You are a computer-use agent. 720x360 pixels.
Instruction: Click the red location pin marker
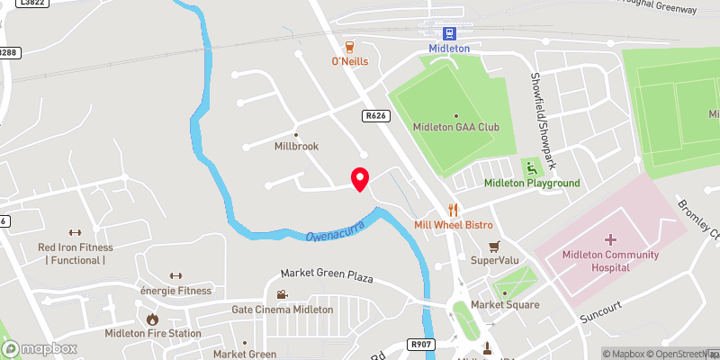[359, 178]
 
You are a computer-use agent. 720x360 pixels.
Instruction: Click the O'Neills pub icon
[347, 46]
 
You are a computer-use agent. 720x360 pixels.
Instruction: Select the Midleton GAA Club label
[455, 127]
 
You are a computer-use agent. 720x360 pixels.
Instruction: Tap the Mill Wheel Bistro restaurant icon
[453, 208]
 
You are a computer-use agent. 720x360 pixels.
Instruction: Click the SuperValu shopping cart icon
[493, 246]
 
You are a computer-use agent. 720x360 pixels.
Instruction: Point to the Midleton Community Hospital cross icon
[610, 239]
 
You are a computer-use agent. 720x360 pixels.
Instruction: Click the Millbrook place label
[296, 146]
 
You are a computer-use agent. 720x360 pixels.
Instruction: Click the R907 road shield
[419, 343]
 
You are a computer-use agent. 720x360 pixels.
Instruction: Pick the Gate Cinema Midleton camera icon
[282, 294]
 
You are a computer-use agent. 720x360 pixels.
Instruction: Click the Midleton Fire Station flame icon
[152, 319]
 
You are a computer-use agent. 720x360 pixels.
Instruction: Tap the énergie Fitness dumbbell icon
[175, 275]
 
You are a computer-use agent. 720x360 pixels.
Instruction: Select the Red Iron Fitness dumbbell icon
[75, 232]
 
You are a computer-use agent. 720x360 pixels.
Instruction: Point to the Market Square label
[505, 305]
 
